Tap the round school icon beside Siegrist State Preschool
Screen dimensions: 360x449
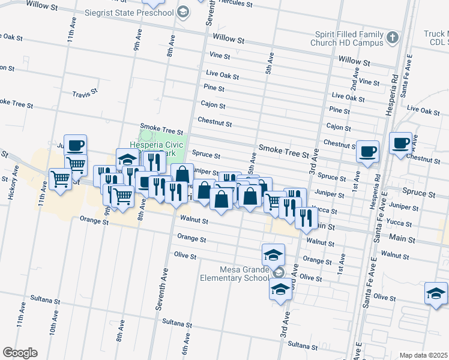click(184, 13)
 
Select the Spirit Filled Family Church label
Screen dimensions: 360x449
click(347, 39)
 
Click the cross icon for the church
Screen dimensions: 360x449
click(393, 38)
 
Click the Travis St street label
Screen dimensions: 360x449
click(85, 94)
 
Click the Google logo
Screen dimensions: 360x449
click(20, 353)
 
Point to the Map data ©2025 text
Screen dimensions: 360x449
click(424, 355)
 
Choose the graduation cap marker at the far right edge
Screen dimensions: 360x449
click(436, 294)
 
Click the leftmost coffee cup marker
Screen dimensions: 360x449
click(76, 146)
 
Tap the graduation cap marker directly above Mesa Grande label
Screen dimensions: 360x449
click(273, 254)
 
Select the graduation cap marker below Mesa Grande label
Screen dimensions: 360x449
click(280, 289)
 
